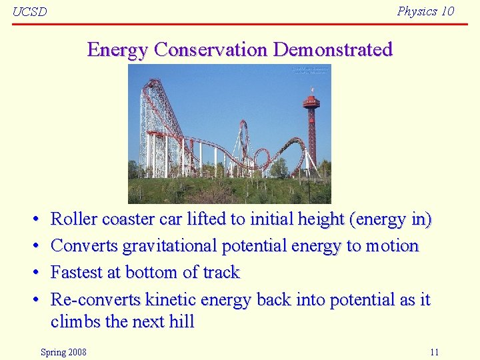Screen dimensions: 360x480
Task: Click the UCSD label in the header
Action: coord(30,12)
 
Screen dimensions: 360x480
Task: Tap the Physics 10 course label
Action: coord(425,11)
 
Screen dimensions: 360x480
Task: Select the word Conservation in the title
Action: coord(211,50)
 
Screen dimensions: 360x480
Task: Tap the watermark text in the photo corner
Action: coord(309,70)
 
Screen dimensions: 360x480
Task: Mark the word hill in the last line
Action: coord(181,321)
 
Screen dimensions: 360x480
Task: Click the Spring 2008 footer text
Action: coord(63,352)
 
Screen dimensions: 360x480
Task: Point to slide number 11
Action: coord(434,352)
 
